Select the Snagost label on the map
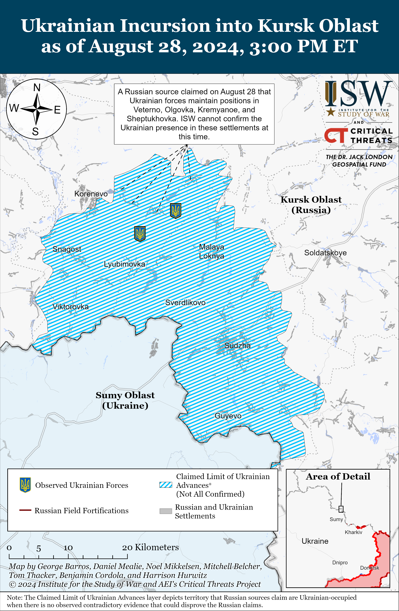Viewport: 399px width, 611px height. pyautogui.click(x=67, y=249)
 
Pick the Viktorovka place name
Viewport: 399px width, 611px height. pyautogui.click(x=71, y=307)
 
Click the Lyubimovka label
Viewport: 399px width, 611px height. pyautogui.click(x=124, y=264)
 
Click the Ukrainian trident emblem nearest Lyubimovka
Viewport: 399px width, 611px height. pyautogui.click(x=140, y=233)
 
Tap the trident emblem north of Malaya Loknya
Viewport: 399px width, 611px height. pyautogui.click(x=176, y=211)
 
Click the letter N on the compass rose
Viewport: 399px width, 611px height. pyautogui.click(x=37, y=88)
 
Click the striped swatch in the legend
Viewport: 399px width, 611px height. pyautogui.click(x=166, y=485)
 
